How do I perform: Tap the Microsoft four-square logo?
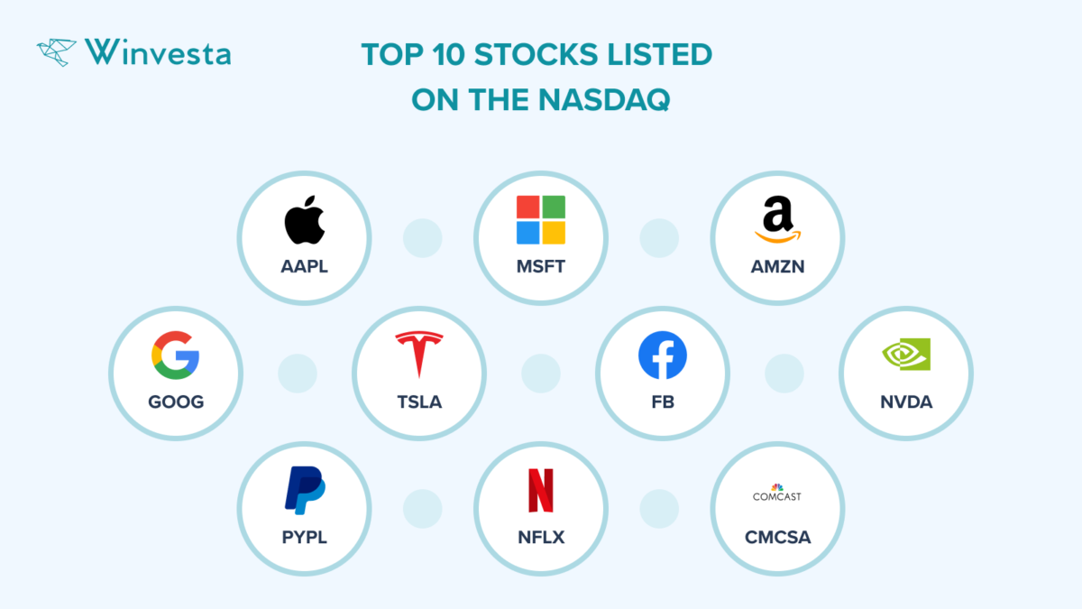tap(541, 220)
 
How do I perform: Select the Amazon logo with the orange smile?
tap(778, 220)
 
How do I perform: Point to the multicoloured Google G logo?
tap(175, 355)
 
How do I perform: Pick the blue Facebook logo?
tap(663, 355)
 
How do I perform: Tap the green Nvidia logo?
tap(905, 355)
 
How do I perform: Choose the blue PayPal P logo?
tap(305, 491)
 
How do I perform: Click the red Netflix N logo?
tap(541, 491)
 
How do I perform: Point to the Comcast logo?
tap(777, 494)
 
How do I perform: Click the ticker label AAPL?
tap(304, 267)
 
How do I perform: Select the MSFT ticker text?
tap(541, 267)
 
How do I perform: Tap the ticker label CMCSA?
tap(777, 538)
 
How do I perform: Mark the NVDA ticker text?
tap(906, 402)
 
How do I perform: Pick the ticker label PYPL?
tap(304, 538)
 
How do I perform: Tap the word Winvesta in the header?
tap(158, 52)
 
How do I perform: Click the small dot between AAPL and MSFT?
tap(422, 238)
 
